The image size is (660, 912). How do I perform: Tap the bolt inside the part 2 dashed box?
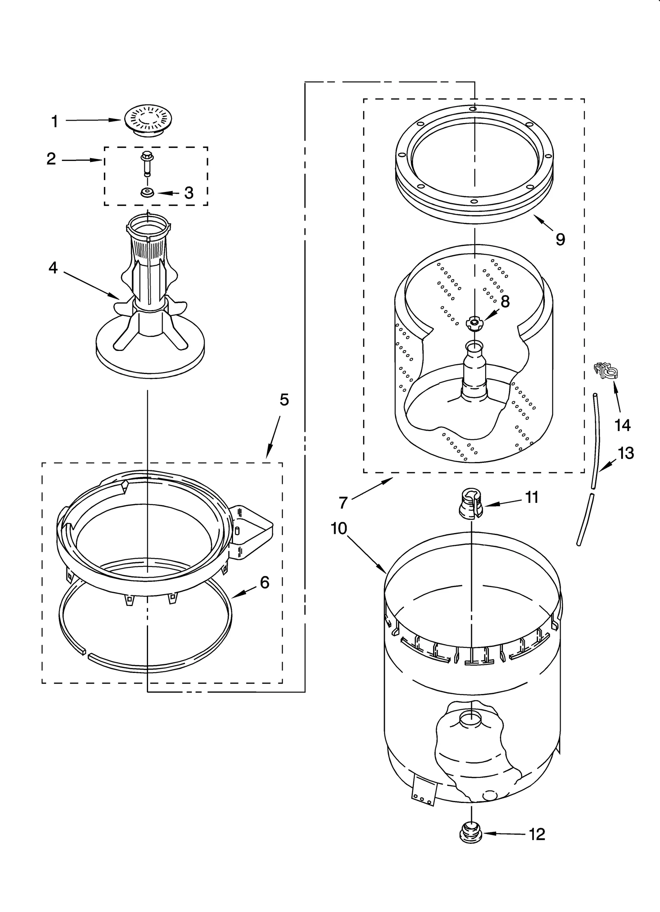tap(146, 163)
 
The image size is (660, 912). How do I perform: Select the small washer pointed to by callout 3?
tap(147, 192)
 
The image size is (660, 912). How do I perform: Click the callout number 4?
tap(53, 268)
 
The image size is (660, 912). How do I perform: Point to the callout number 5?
tap(284, 400)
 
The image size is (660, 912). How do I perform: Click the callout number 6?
tap(264, 582)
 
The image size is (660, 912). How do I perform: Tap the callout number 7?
tap(343, 502)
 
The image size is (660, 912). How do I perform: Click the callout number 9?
tap(560, 239)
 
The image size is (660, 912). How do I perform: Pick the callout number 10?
tap(339, 528)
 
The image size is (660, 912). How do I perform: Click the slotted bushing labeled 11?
tap(471, 503)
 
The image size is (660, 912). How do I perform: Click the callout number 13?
tap(625, 453)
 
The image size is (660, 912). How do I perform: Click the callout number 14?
tap(622, 425)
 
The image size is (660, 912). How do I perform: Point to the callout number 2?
tap(51, 159)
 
